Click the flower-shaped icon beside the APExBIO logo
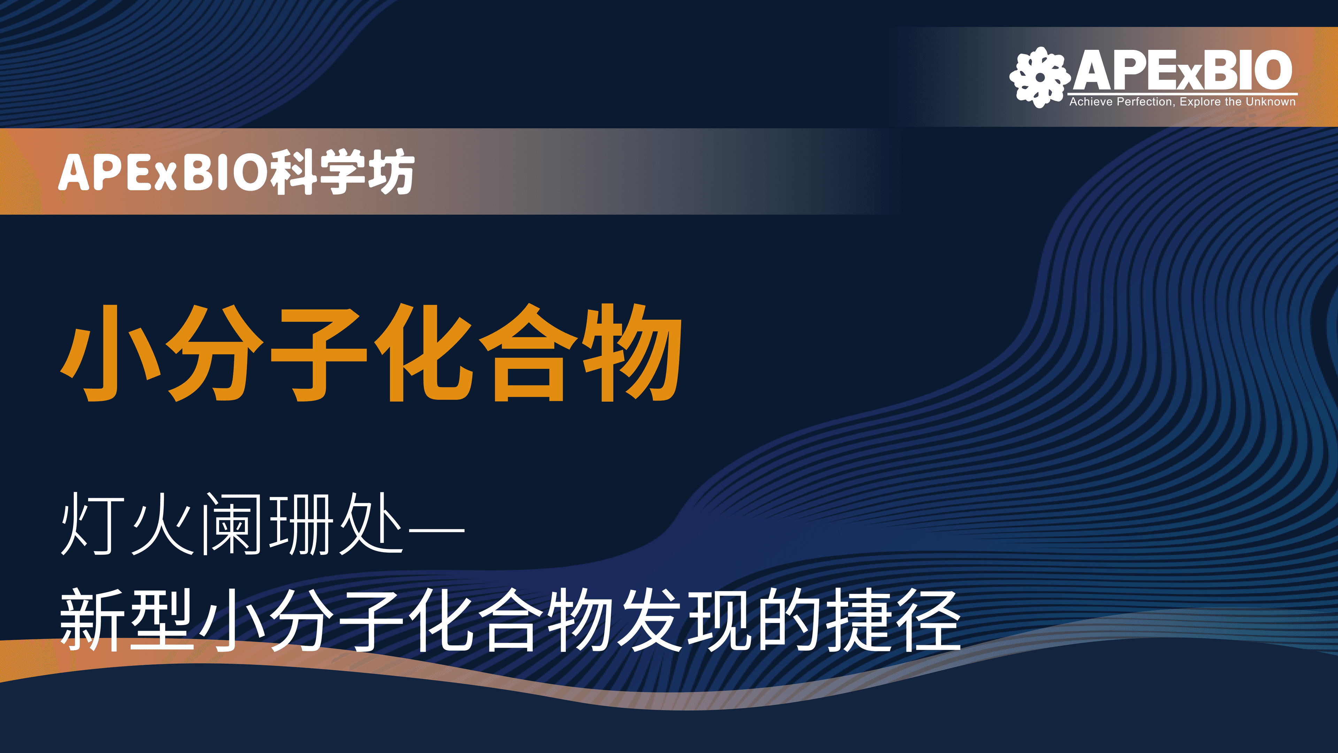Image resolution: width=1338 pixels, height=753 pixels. click(x=1040, y=77)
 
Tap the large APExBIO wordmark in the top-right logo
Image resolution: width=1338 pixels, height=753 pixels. click(x=1183, y=70)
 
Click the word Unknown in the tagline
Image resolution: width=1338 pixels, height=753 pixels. click(x=1270, y=102)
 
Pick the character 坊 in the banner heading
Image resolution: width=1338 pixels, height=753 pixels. click(x=391, y=172)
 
